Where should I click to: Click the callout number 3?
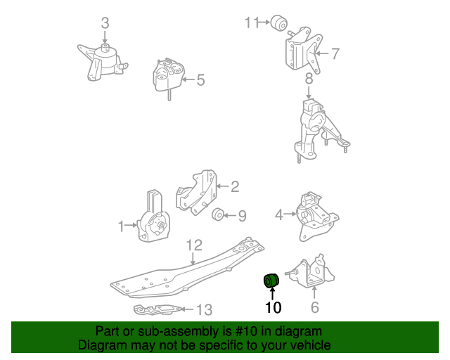coord(105,23)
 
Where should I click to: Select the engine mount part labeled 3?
coord(103,60)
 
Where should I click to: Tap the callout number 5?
coord(200,80)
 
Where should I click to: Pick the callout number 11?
coord(252,23)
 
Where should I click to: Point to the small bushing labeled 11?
coord(281,22)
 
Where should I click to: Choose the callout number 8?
coord(308,79)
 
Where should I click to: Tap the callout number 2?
coord(235,186)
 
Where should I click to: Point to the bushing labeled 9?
coord(219,214)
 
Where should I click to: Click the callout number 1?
coord(122,226)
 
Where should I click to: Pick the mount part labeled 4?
coord(309,214)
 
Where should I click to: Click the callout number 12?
coord(194,245)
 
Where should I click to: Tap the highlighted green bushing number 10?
coord(271,281)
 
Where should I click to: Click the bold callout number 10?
coord(272,307)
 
